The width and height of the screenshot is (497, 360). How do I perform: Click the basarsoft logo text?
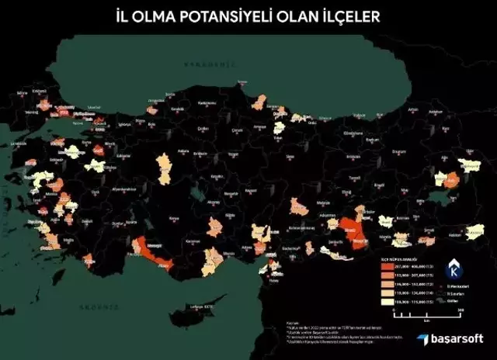(456, 338)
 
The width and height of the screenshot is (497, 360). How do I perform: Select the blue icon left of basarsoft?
(420, 339)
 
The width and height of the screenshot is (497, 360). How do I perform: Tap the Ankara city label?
(184, 151)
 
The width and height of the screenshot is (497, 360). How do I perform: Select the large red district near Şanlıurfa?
(353, 230)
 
